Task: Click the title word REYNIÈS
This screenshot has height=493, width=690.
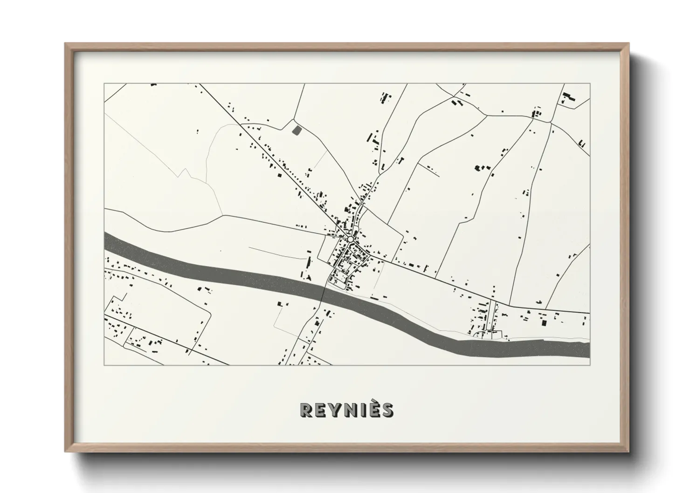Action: pyautogui.click(x=346, y=410)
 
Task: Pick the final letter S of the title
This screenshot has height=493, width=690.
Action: pyautogui.click(x=386, y=410)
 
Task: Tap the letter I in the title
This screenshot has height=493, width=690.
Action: pyautogui.click(x=359, y=410)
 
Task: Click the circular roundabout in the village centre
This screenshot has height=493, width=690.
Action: pyautogui.click(x=350, y=239)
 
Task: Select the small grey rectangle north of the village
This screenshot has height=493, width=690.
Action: pyautogui.click(x=296, y=130)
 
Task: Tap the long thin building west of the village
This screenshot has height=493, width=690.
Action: pyautogui.click(x=308, y=261)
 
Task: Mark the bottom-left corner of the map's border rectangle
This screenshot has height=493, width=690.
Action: pyautogui.click(x=104, y=365)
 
